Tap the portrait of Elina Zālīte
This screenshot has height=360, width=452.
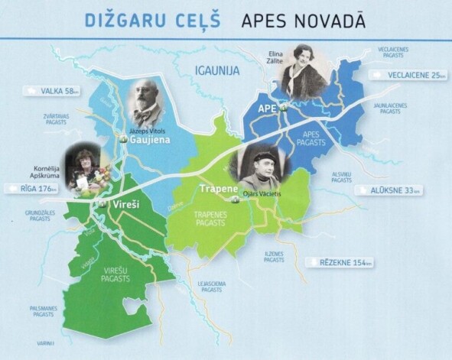[305, 72]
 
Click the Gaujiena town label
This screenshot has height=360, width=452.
[145, 141]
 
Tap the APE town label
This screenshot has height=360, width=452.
[267, 109]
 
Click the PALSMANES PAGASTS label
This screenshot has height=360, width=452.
[44, 310]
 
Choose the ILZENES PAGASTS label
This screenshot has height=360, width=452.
[274, 257]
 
